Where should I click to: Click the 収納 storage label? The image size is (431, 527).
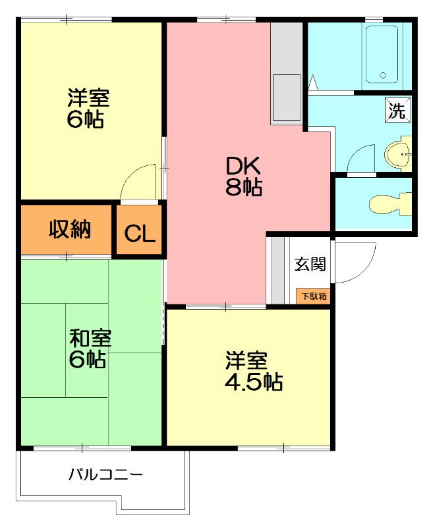pos(69,231)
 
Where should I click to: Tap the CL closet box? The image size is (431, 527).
pos(140,232)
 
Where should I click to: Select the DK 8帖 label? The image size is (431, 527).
pos(244,177)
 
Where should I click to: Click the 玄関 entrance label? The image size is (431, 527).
pos(310,265)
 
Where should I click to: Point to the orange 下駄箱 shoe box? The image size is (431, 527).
pos(314,296)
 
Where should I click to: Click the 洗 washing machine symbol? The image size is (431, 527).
pos(397,111)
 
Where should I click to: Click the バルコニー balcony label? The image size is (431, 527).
pos(105,474)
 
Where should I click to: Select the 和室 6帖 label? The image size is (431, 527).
pos(91,349)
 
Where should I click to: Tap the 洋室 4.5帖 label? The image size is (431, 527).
pos(254,372)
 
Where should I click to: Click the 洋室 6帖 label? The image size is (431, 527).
pos(88,109)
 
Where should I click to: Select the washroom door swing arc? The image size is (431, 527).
pos(360,159)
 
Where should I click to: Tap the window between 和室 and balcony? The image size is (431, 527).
pos(82,449)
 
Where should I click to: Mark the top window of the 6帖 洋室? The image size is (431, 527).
pos(66,20)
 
